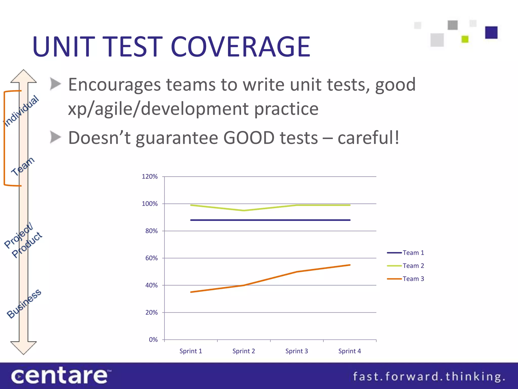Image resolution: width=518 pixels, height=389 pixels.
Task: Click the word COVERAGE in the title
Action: point(240,47)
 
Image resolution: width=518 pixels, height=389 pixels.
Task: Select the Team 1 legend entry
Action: point(413,253)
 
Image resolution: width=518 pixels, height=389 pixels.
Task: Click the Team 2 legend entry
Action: point(413,266)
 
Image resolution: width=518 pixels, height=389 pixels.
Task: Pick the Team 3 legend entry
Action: point(413,279)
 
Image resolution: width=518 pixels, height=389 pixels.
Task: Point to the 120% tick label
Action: point(149,177)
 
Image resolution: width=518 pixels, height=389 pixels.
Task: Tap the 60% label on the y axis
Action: point(151,258)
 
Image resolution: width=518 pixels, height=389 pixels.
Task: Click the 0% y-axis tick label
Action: point(153,340)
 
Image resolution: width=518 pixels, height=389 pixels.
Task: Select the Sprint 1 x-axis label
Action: point(191,351)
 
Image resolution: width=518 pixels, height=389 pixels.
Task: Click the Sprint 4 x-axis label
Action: point(350,351)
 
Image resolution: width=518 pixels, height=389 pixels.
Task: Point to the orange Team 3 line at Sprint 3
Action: point(297,272)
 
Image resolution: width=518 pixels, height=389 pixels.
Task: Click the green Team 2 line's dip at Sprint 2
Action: point(244,210)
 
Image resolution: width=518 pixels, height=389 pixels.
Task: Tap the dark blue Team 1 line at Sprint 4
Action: point(350,220)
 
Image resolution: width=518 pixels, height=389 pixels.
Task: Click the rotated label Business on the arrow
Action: point(24,303)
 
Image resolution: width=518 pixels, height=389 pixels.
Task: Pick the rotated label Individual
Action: point(21,111)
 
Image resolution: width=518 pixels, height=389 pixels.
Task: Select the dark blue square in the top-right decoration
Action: point(491,32)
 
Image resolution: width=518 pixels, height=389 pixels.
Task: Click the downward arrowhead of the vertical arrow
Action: point(24,348)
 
